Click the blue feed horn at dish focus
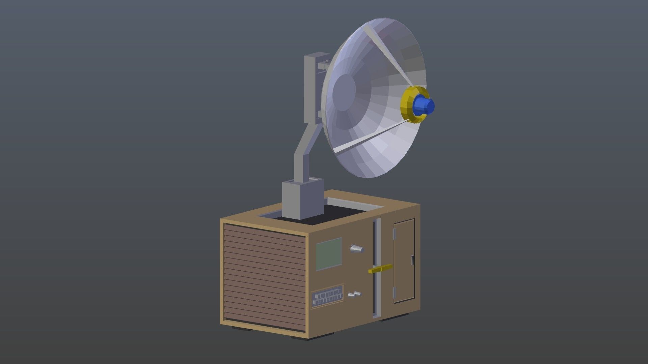pyautogui.click(x=424, y=105)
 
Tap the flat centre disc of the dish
pyautogui.click(x=344, y=92)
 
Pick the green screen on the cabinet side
pyautogui.click(x=328, y=254)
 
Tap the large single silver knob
pyautogui.click(x=357, y=249)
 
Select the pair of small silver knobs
pyautogui.click(x=354, y=295)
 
